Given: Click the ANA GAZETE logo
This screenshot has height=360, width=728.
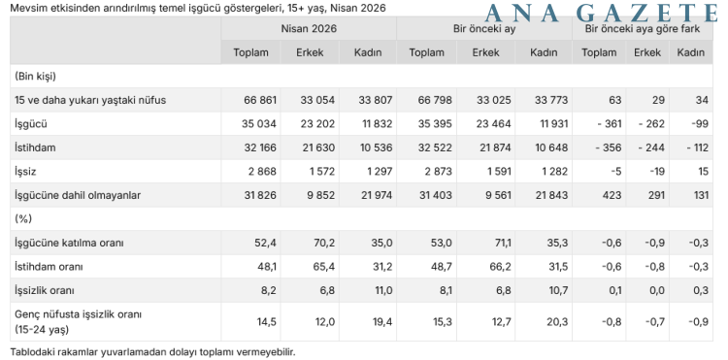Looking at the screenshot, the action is tap(601, 13).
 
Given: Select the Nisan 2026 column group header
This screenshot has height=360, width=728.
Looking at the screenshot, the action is tap(309, 29).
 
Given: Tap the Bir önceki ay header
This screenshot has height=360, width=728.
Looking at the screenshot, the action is tap(484, 29).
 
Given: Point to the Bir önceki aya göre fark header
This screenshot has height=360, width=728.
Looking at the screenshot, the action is tap(643, 29).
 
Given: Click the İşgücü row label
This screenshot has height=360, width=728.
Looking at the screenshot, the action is tap(31, 124).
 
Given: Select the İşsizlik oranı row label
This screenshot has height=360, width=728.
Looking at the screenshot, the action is tap(45, 291).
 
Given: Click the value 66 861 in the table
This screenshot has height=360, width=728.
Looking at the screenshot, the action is tap(259, 100).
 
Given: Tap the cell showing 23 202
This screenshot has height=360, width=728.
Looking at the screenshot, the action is tap(317, 124).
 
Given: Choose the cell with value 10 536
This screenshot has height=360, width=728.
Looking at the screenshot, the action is tap(375, 147).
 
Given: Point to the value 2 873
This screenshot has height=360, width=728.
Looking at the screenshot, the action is tap(438, 172).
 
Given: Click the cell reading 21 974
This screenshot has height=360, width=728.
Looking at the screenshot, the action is tap(375, 195).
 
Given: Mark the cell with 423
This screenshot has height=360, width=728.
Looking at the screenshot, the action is tap(612, 195).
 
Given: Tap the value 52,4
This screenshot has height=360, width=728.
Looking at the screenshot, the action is tap(267, 244).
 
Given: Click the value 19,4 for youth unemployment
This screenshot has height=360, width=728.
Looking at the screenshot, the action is tap(383, 322).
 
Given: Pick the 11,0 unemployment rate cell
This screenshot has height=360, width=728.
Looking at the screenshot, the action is tap(383, 291).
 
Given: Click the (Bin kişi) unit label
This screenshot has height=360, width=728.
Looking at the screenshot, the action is tap(35, 76).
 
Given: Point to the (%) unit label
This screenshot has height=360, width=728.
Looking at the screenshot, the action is tap(23, 218).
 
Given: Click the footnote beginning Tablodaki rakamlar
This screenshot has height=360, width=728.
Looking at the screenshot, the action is tap(152, 351).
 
